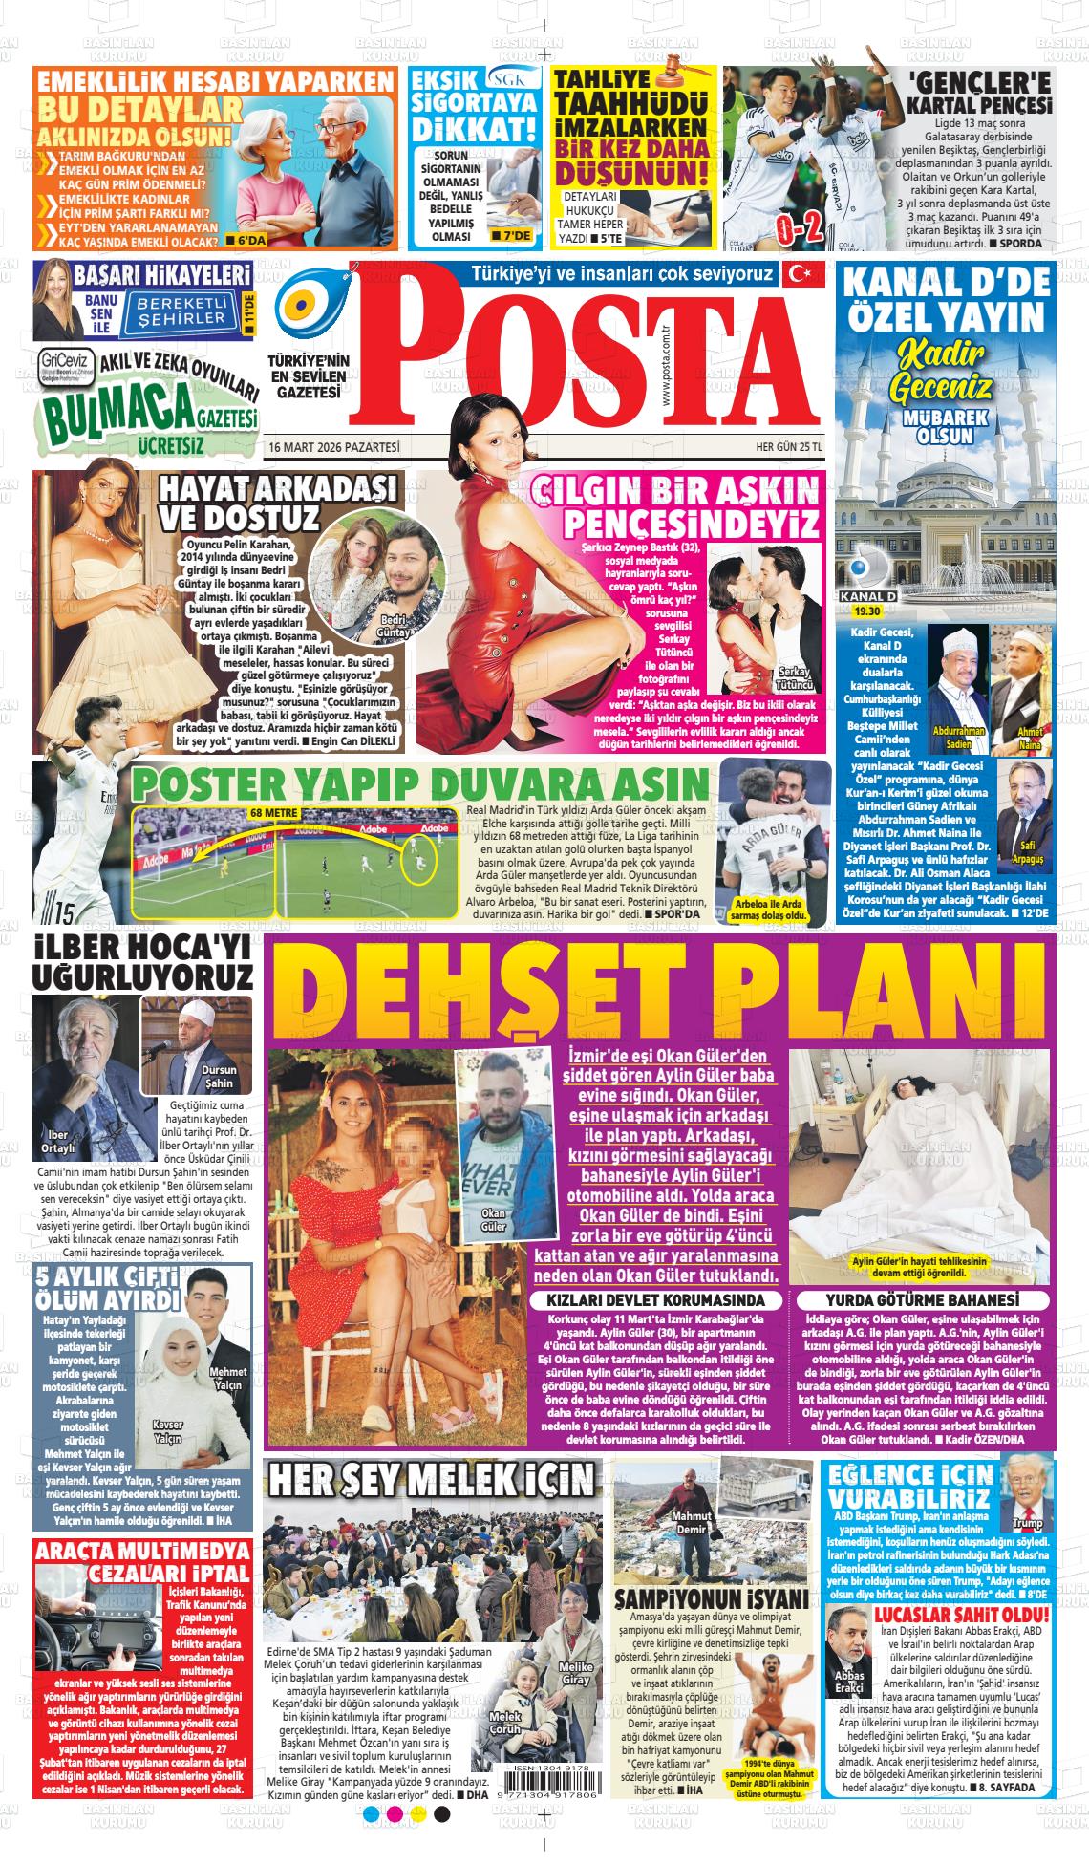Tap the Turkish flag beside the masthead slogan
801,274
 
